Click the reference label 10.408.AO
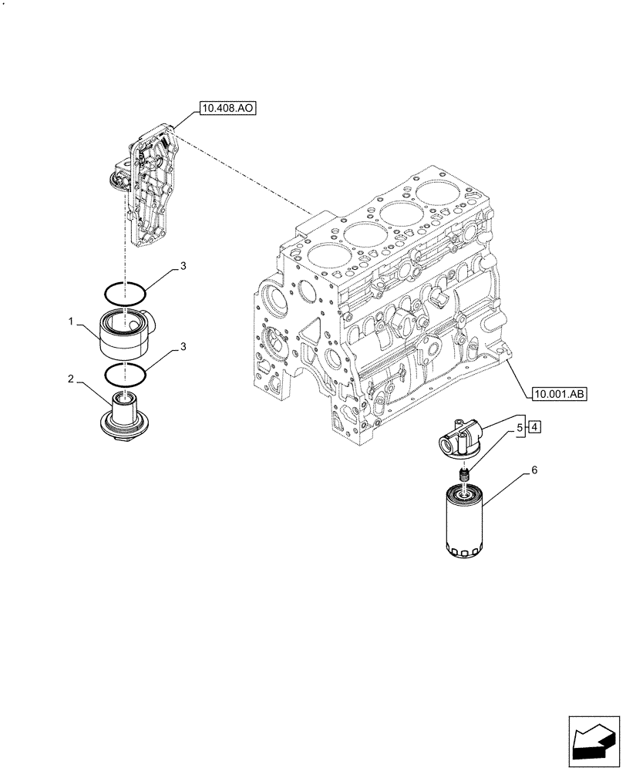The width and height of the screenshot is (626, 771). pyautogui.click(x=227, y=109)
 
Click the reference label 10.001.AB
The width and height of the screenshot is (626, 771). pyautogui.click(x=559, y=395)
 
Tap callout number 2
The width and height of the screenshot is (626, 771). pyautogui.click(x=70, y=379)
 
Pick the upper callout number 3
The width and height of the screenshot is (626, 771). pyautogui.click(x=183, y=267)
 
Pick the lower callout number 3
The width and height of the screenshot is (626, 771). pyautogui.click(x=183, y=348)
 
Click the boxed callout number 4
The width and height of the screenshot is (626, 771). pyautogui.click(x=535, y=426)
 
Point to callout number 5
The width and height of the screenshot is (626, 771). pyautogui.click(x=520, y=426)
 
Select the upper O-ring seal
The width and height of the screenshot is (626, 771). pyautogui.click(x=125, y=292)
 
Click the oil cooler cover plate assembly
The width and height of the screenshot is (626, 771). pyautogui.click(x=150, y=189)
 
